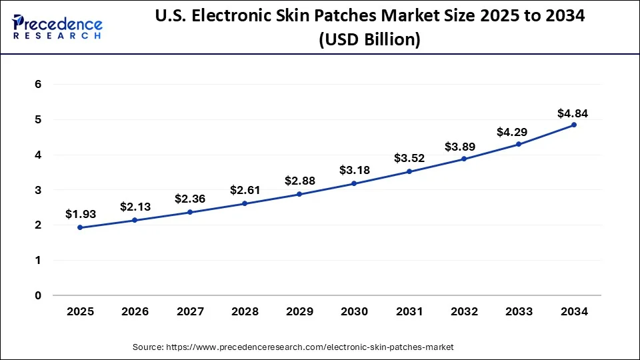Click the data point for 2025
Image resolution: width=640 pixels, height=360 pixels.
click(80, 227)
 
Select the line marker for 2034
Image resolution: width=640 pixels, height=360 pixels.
click(573, 125)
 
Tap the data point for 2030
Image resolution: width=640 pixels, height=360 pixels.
click(354, 183)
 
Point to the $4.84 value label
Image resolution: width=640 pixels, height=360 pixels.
click(573, 113)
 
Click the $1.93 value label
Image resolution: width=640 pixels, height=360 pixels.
click(80, 214)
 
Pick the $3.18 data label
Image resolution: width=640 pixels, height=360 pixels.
click(354, 170)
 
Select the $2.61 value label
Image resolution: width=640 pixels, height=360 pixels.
click(245, 190)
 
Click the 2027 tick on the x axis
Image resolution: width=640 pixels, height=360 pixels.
click(190, 311)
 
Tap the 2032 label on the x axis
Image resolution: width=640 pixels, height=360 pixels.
click(464, 311)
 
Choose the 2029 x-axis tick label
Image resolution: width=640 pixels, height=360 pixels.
click(299, 311)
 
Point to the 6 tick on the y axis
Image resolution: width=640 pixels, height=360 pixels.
click(39, 85)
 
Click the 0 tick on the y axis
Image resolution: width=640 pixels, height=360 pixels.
click(39, 295)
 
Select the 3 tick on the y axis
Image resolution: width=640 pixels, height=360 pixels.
click(39, 190)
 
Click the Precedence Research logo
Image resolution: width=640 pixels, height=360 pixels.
click(57, 27)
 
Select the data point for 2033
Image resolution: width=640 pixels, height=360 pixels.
click(519, 144)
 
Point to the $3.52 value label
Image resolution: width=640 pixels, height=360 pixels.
click(409, 158)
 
